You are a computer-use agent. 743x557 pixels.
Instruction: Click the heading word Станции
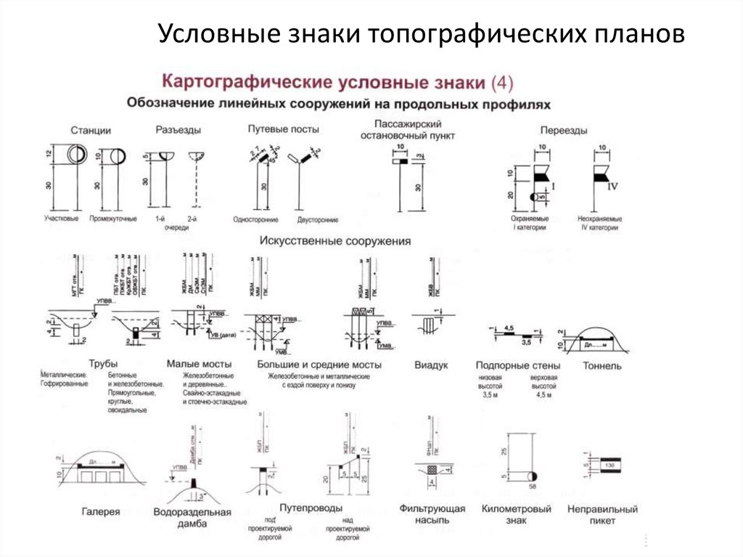click(91, 130)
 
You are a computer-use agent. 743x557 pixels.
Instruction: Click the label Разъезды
click(178, 130)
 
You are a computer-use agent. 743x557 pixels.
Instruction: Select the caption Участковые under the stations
click(61, 218)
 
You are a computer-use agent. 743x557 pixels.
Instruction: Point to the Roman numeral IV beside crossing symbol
click(612, 187)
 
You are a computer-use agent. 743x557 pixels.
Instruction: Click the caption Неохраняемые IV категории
click(599, 222)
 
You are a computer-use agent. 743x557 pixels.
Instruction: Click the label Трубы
click(103, 363)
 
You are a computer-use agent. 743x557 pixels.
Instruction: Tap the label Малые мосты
click(199, 363)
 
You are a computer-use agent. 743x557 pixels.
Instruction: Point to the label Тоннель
click(602, 366)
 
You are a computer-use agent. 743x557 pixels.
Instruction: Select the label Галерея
click(101, 511)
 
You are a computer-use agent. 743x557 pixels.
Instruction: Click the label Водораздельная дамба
click(192, 518)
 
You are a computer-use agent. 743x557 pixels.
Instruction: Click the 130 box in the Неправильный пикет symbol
click(610, 464)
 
